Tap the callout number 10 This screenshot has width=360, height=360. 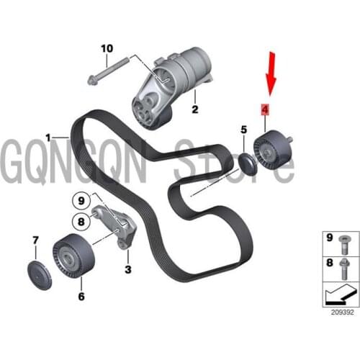tap(107, 49)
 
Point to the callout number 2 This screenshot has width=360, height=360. tap(194, 110)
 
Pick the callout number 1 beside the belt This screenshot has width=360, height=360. tap(48, 136)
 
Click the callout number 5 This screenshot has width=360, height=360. tap(243, 130)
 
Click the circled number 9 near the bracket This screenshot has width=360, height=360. tap(82, 201)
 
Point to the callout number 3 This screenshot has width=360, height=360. tap(127, 269)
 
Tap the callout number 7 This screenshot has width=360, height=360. tap(35, 238)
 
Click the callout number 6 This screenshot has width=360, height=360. tap(81, 295)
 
